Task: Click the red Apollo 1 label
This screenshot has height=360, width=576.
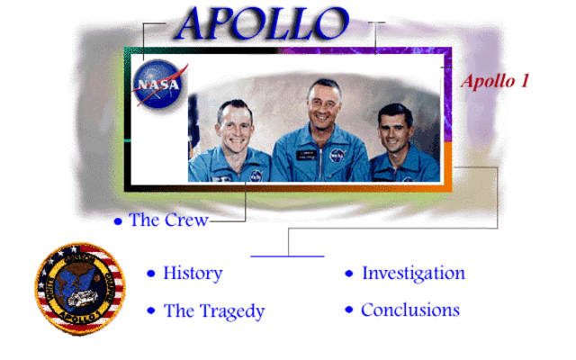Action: tap(494, 81)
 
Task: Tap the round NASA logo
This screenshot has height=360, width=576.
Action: tap(160, 84)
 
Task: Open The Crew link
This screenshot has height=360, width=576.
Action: tap(168, 220)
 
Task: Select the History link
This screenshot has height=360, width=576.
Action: tap(193, 273)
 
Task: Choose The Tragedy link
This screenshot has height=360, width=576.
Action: tap(214, 311)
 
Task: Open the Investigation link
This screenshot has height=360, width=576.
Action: tap(413, 273)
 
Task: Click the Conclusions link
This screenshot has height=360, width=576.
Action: tap(409, 310)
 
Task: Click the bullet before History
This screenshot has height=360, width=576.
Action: tap(151, 274)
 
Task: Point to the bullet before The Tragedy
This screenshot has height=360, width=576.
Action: tap(151, 312)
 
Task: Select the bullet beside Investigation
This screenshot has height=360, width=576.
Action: tap(349, 274)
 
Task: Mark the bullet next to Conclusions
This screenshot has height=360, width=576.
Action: tap(349, 311)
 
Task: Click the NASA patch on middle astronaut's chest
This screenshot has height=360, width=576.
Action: tap(337, 156)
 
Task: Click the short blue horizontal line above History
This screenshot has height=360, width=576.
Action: tap(286, 256)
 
